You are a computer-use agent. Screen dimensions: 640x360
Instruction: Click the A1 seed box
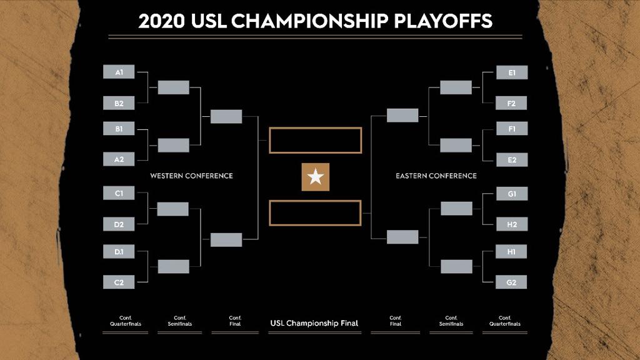click(x=119, y=72)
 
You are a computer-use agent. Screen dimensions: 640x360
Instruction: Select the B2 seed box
click(x=119, y=103)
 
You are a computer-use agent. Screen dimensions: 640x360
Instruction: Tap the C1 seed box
click(x=119, y=193)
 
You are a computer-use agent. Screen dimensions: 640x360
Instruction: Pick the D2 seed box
click(x=119, y=224)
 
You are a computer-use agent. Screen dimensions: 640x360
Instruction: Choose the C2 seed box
click(x=119, y=282)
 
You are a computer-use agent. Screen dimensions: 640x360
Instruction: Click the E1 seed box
click(x=512, y=72)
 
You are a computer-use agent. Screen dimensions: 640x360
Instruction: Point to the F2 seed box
click(x=511, y=103)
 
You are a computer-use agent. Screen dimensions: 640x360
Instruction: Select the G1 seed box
click(x=512, y=194)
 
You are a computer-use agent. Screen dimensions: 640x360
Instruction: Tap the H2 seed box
click(x=512, y=224)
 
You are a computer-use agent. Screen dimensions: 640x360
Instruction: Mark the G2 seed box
click(x=511, y=282)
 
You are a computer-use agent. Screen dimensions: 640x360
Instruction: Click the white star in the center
click(x=316, y=177)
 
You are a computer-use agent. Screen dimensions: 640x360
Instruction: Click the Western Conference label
click(x=191, y=176)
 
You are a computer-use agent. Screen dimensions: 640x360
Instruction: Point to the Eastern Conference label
click(x=436, y=176)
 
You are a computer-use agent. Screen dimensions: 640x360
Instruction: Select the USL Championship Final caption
click(x=314, y=323)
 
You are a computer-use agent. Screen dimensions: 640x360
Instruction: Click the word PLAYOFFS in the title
click(x=443, y=21)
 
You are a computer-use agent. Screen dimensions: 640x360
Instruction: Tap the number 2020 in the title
click(x=162, y=21)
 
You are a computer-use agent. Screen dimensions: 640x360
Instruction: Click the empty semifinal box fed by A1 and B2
click(x=174, y=87)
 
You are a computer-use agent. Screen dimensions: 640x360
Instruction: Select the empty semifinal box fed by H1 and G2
click(x=456, y=266)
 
